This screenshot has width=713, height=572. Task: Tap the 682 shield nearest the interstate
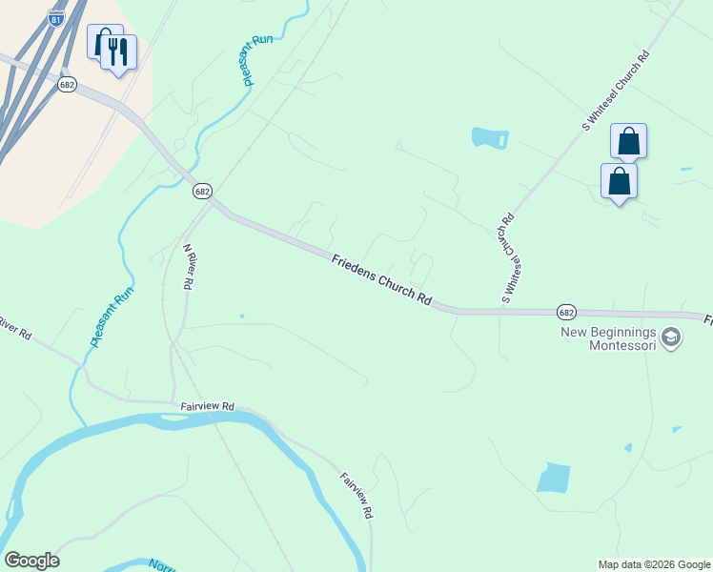67,85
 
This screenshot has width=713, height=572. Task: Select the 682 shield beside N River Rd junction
201,192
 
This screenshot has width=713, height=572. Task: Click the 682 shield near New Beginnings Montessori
566,312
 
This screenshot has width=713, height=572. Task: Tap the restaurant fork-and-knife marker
118,52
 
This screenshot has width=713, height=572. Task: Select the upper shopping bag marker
629,141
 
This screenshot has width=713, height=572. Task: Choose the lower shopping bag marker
619,181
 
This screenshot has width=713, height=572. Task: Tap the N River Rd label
190,266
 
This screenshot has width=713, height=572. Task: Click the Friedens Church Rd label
381,278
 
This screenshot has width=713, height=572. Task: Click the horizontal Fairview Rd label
207,406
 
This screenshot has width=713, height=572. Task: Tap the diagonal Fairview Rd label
356,496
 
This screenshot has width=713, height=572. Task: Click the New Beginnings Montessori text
608,338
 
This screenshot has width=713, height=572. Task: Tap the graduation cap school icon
671,337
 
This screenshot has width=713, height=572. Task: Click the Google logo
31,561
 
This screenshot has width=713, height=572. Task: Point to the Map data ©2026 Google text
654,564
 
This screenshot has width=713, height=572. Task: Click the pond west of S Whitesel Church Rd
490,137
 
